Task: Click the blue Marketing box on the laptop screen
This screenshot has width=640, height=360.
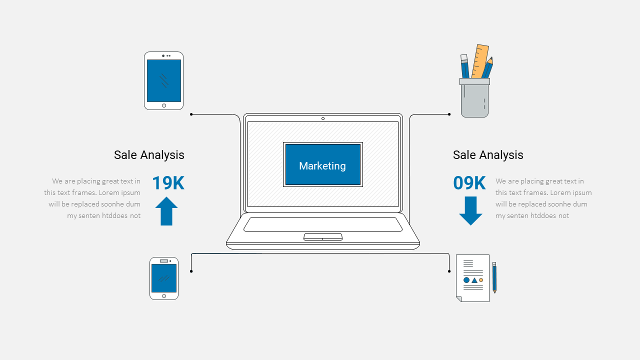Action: (323, 164)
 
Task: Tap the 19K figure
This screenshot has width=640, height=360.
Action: (168, 183)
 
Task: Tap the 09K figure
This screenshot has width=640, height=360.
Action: (469, 183)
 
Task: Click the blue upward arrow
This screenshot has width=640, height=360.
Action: (166, 211)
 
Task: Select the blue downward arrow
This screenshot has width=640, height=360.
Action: (470, 211)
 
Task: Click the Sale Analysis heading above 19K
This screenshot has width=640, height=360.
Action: (149, 155)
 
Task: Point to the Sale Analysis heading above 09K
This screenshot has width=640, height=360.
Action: (488, 155)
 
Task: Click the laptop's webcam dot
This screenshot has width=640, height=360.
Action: (323, 118)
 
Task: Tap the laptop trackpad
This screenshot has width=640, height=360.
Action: (323, 237)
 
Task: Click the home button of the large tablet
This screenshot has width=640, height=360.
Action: (164, 105)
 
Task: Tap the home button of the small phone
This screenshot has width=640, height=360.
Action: (164, 296)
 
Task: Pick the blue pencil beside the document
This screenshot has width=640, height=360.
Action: (494, 277)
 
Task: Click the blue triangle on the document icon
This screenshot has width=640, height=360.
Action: (474, 280)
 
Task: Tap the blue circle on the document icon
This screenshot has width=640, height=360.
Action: (466, 280)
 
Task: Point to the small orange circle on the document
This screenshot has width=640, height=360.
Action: (481, 280)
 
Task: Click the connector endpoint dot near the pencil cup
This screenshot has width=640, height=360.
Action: (449, 114)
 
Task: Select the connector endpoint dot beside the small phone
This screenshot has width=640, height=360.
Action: (191, 271)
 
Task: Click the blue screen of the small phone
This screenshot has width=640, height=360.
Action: (164, 278)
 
